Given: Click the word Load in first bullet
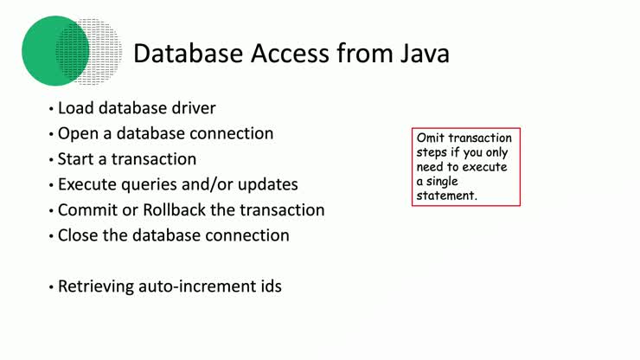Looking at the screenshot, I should pyautogui.click(x=75, y=109).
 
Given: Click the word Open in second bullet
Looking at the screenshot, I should pyautogui.click(x=77, y=134).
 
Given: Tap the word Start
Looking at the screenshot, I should pyautogui.click(x=76, y=159).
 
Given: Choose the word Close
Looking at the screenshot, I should pyautogui.click(x=78, y=235).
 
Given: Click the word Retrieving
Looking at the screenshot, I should pyautogui.click(x=96, y=286).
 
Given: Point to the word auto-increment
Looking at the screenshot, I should pyautogui.click(x=197, y=286).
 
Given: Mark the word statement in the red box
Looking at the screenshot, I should pyautogui.click(x=446, y=196).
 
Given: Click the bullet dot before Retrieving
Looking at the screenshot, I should pyautogui.click(x=51, y=286).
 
